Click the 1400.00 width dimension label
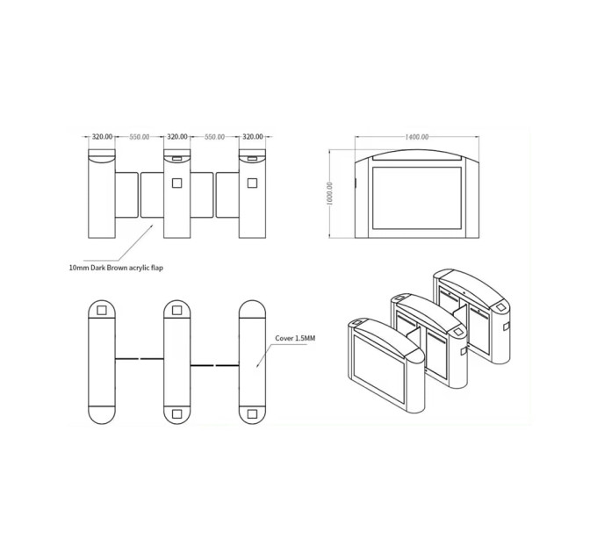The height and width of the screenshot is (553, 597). click(x=416, y=137)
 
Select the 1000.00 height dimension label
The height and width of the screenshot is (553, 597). click(x=330, y=194)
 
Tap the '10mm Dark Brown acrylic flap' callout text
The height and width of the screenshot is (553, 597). click(x=116, y=268)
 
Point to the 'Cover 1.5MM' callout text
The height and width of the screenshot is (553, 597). click(x=295, y=338)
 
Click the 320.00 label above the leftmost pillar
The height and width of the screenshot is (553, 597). click(x=103, y=137)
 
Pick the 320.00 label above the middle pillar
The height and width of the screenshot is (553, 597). click(x=177, y=137)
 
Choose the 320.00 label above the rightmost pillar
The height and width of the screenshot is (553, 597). click(x=253, y=137)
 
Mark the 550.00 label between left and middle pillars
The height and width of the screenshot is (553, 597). click(x=140, y=137)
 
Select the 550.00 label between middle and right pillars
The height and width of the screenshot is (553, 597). click(x=215, y=137)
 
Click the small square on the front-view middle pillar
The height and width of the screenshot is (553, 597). click(x=176, y=183)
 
